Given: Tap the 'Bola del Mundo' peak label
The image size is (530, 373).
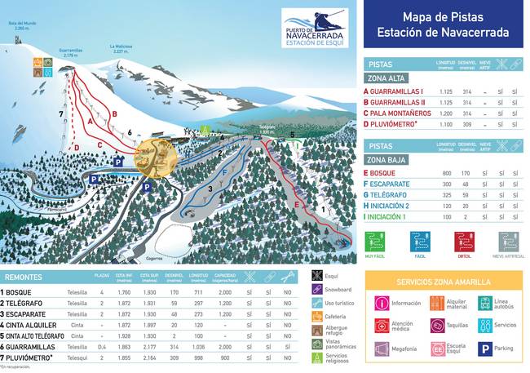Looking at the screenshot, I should click(23, 24).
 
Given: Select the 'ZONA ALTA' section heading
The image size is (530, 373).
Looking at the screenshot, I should click(386, 78).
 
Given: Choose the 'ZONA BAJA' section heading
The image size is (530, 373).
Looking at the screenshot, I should click(386, 159).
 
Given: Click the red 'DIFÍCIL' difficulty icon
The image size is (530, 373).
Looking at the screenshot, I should click(465, 242).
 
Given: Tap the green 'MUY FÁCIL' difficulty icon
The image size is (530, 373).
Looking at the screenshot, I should click(375, 242).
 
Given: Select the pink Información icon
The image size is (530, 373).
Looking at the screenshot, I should click(381, 304).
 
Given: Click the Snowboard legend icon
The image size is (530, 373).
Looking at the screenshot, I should click(317, 289).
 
